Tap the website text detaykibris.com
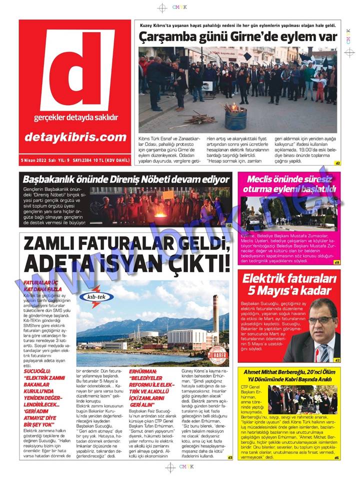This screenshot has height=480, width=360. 76,137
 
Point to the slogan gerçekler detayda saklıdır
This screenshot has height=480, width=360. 76,118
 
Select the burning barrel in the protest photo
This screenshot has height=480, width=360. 235,118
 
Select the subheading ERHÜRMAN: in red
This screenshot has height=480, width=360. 143,372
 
